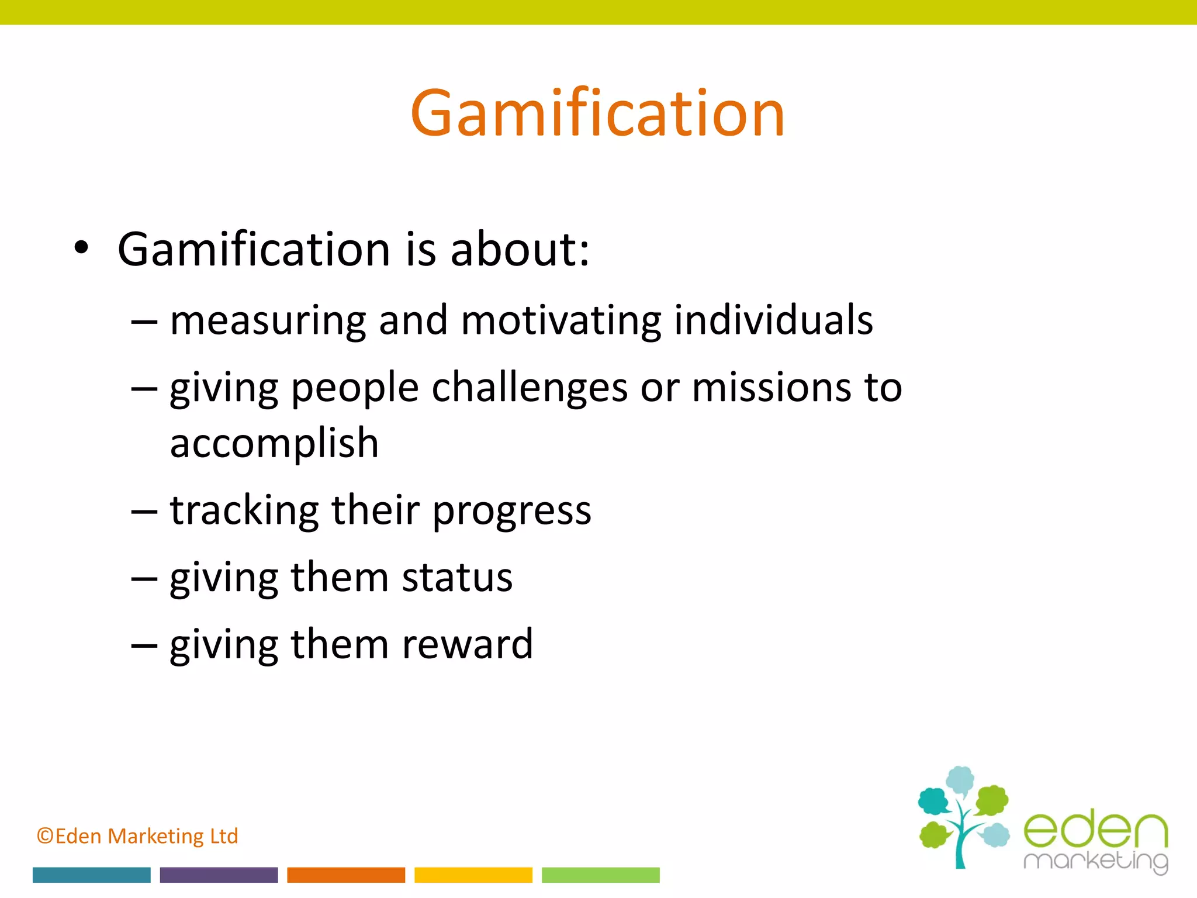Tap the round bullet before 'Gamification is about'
(x=81, y=248)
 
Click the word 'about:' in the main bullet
(x=520, y=250)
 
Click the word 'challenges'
(x=530, y=388)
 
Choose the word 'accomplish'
(x=274, y=444)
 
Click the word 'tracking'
(x=244, y=511)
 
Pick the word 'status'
(x=457, y=578)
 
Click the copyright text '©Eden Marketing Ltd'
(x=137, y=836)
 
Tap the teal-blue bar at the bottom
(x=92, y=875)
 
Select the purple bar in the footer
(x=219, y=875)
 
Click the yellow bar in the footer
(x=473, y=875)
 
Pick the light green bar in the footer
(x=600, y=875)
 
